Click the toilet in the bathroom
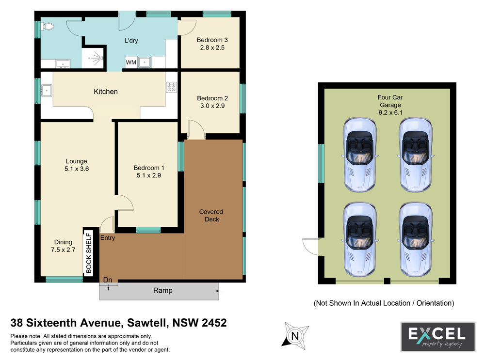point(48,26)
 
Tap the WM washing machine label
point(131,63)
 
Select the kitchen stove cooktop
point(172,87)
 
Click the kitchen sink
point(47,91)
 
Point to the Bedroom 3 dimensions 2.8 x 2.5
point(212,47)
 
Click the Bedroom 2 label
point(212,98)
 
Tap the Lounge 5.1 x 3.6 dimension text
point(77,169)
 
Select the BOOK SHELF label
point(89,253)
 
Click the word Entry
point(108,237)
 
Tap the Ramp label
point(162,291)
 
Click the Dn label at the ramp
point(107,280)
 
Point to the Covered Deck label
point(211,216)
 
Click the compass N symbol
point(295,336)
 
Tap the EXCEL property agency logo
point(438,337)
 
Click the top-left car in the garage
point(360,155)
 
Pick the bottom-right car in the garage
point(416,239)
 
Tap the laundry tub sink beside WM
point(145,63)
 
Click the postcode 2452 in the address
point(214,323)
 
